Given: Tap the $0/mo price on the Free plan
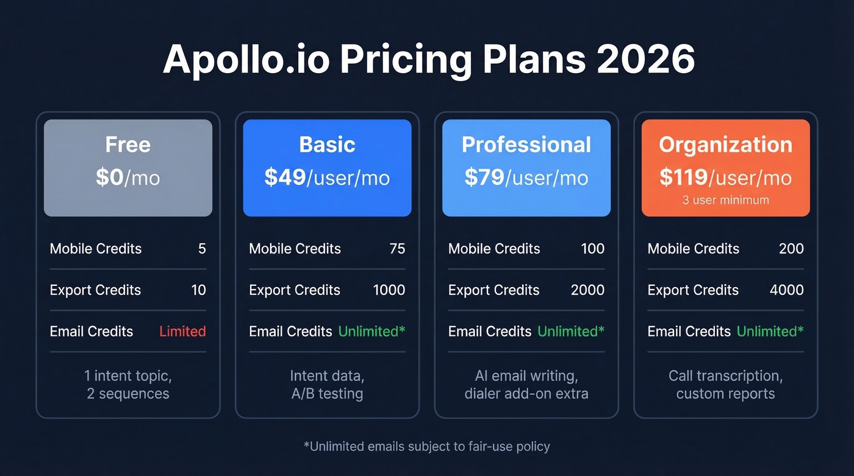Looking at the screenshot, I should coord(128,177).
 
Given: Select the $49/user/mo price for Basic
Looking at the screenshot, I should coord(327,177).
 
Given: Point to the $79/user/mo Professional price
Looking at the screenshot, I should coord(526,177).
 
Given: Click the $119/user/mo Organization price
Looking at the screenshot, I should coord(725,177).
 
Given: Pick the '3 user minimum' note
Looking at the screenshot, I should coord(725,200).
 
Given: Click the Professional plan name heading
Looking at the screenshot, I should coord(526,144).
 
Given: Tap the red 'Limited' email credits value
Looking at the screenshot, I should coord(182,332).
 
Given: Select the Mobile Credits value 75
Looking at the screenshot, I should coord(397,249).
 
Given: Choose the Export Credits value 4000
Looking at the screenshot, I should coord(786,290).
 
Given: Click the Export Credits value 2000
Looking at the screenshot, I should coord(587,290).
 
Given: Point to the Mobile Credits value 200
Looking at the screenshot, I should coord(791,249).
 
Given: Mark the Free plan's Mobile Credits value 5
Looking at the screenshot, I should coord(202,249).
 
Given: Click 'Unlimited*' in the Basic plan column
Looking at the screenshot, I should coord(371,332).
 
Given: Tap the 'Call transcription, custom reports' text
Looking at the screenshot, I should coord(725,385).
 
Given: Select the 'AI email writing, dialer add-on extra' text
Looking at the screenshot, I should coord(526,385).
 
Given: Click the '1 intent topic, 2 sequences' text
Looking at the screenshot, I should coord(128,385).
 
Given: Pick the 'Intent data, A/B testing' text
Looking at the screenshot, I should coord(327,385).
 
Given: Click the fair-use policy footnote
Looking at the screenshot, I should coord(427,447).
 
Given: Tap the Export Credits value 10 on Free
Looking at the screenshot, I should coord(198,290).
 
